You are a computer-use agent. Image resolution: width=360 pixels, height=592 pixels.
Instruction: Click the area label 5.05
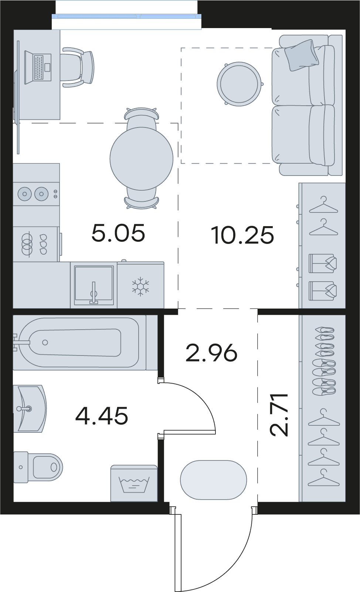coord(118,232)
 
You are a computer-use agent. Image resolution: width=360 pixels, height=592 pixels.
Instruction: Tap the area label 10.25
coord(242,235)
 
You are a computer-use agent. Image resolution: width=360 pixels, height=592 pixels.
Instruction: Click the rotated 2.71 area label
coord(279,415)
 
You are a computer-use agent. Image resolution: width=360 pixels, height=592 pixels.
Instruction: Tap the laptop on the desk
coord(38,68)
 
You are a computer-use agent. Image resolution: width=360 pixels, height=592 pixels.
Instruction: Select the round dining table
coord(142,159)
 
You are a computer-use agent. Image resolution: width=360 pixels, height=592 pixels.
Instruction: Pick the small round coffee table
coord(239,84)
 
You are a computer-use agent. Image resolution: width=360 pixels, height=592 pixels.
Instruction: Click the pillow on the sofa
coord(301,55)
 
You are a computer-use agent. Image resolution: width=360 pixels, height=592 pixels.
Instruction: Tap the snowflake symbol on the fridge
coord(140,286)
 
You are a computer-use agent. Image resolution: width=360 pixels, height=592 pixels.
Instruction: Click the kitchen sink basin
coord(94,285)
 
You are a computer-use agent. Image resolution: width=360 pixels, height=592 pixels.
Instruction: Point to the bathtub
coord(79,343)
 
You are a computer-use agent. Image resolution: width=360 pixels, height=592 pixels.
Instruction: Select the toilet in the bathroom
coord(38,467)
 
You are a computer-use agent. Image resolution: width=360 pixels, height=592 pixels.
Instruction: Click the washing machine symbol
coord(134,483)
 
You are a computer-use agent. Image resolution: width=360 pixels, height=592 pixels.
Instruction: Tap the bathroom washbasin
coord(30,409)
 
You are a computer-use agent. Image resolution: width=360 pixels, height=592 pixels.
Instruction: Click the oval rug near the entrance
coord(214,480)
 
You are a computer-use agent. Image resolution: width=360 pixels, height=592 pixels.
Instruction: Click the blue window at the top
coord(127,16)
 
